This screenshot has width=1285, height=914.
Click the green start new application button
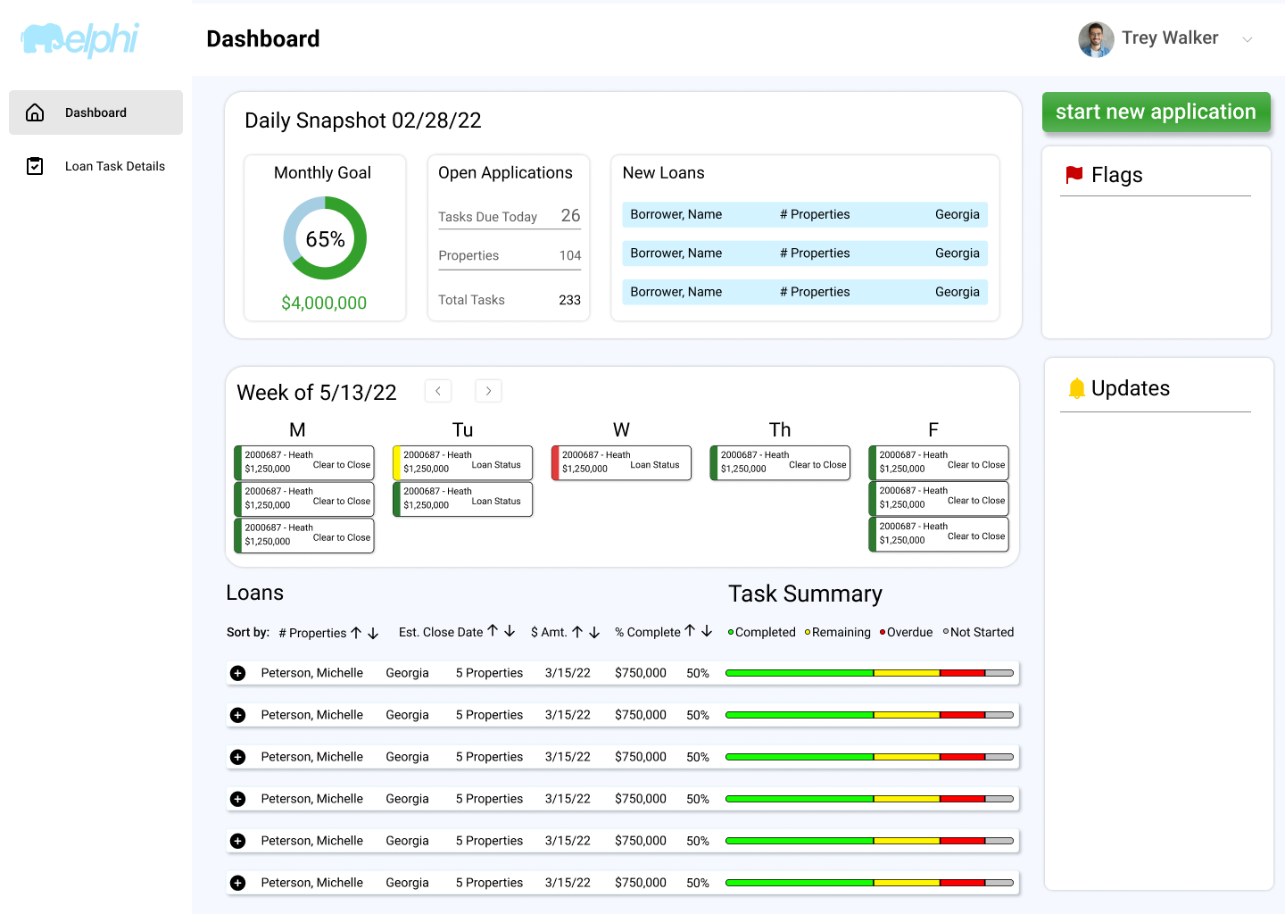[x=1156, y=112]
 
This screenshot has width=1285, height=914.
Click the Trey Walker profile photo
[x=1096, y=39]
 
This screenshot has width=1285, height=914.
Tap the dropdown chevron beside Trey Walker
[x=1248, y=39]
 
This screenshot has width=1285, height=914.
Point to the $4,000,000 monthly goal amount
[x=324, y=303]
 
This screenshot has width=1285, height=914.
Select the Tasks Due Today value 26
[x=570, y=215]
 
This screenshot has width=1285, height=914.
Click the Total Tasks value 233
[x=569, y=300]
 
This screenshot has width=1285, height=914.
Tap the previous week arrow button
[x=437, y=391]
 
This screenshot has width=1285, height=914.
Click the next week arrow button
[x=488, y=391]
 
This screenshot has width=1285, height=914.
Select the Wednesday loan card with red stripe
[x=621, y=462]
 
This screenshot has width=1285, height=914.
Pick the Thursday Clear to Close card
[x=780, y=462]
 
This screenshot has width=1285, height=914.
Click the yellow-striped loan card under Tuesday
[x=462, y=462]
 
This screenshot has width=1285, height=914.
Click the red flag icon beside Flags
[x=1074, y=174]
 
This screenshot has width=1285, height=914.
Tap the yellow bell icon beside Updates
[x=1077, y=388]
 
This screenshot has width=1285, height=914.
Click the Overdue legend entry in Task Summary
[x=907, y=632]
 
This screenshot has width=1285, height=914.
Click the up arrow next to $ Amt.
[x=577, y=632]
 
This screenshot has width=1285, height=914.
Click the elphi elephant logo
[x=79, y=39]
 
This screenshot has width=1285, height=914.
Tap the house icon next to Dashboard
[x=35, y=112]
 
